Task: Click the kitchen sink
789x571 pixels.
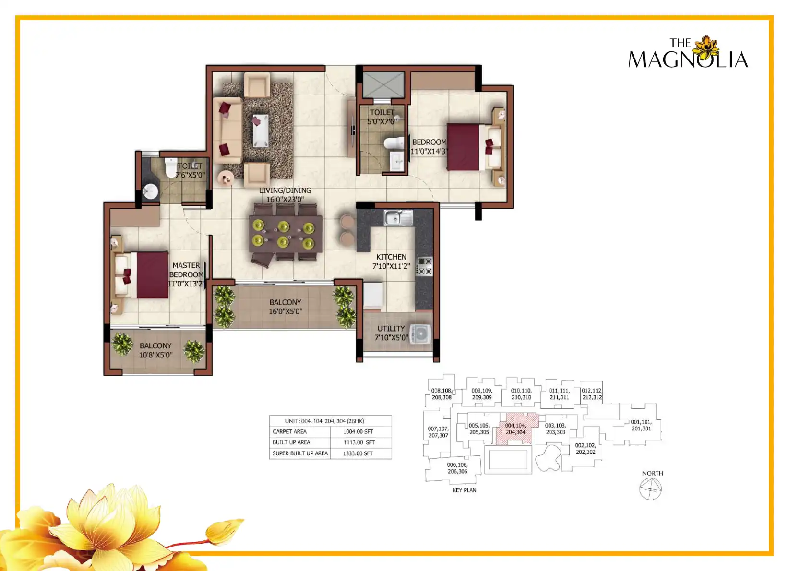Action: [x=398, y=217]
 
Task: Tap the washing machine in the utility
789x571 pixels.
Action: [x=420, y=333]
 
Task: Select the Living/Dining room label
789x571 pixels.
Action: [x=285, y=195]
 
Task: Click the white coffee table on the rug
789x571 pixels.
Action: [x=260, y=131]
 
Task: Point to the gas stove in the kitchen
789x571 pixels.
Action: [x=424, y=266]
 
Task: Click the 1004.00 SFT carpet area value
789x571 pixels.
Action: [x=358, y=431]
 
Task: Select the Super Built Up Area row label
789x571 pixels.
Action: [x=300, y=453]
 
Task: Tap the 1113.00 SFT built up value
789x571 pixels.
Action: [x=359, y=442]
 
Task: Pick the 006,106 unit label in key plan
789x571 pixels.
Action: [x=457, y=468]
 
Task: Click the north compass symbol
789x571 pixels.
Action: [x=650, y=489]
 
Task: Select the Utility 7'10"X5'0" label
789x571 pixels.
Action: [x=391, y=333]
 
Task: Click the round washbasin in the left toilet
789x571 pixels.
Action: [x=151, y=192]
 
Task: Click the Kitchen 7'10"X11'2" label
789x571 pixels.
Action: [x=391, y=262]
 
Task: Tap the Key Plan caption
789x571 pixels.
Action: [x=464, y=490]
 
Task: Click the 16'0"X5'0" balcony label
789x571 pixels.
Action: [x=285, y=307]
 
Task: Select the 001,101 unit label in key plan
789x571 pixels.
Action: [x=641, y=425]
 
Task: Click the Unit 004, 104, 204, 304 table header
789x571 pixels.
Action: [x=324, y=421]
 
